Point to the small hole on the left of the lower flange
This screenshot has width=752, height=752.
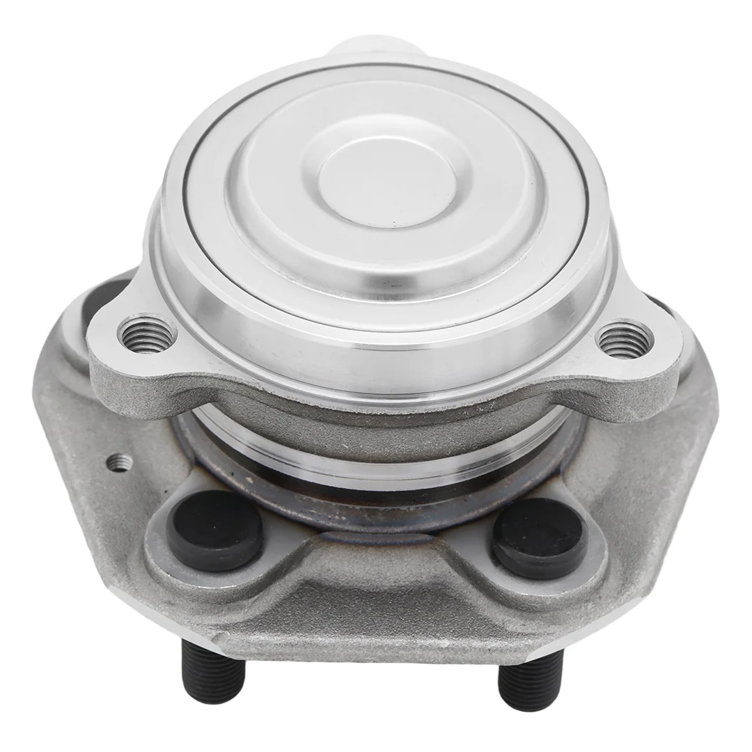pyautogui.click(x=120, y=462)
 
